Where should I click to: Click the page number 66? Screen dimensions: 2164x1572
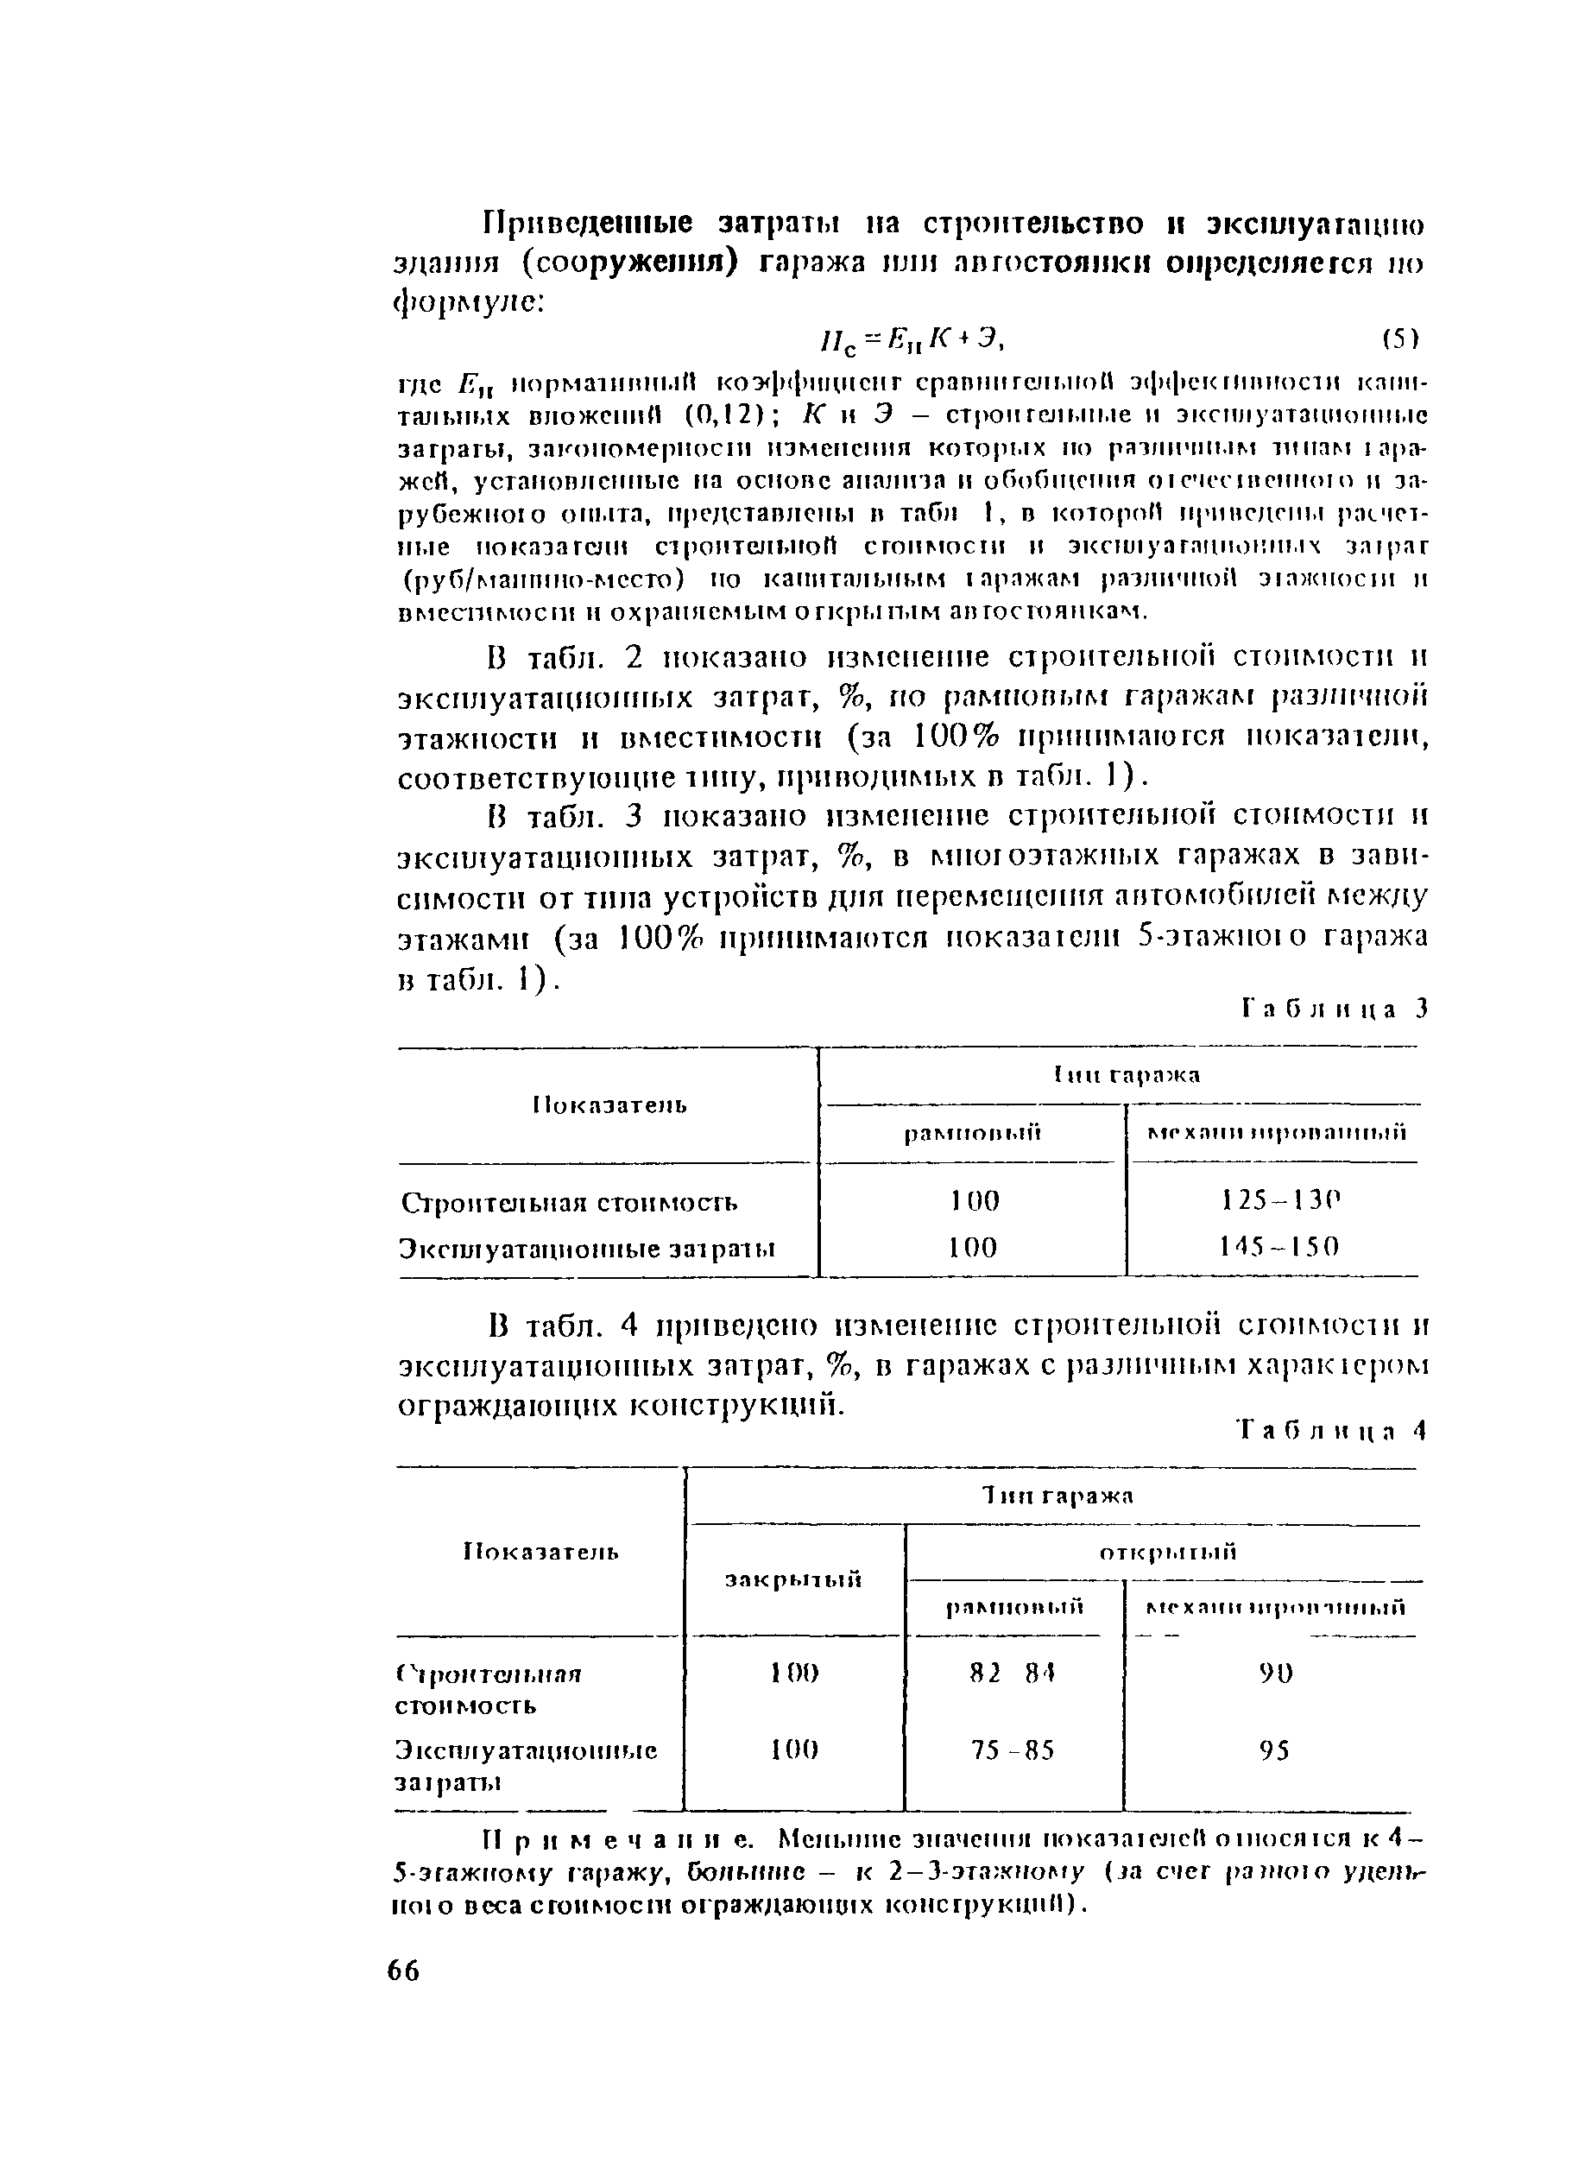point(403,1971)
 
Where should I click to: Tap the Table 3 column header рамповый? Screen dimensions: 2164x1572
point(972,1134)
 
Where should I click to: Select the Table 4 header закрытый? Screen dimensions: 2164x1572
point(793,1579)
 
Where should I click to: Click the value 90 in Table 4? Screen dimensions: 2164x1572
point(1275,1674)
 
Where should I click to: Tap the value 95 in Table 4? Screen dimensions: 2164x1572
point(1274,1751)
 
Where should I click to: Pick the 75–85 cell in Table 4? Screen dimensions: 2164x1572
point(1012,1751)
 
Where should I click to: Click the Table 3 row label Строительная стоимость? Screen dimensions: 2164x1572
point(570,1202)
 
